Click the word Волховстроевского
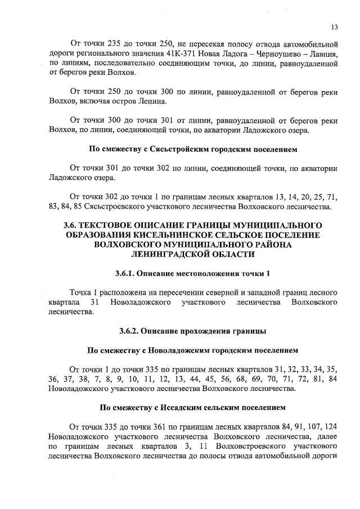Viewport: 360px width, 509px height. click(228, 446)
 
